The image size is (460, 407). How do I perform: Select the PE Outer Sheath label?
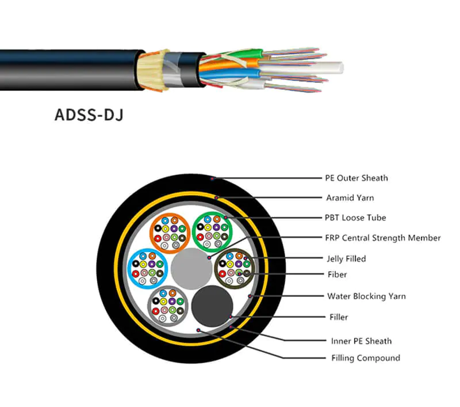coord(356,178)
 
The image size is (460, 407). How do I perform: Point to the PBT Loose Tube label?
coord(355,218)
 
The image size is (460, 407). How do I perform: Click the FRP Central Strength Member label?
coord(382,238)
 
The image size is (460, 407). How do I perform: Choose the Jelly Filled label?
coord(346,258)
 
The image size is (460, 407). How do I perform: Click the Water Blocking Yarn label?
coord(366,296)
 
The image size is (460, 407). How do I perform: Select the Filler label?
coord(337,317)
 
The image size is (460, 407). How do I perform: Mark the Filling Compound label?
coord(365,358)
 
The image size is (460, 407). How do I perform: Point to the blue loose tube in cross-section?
coord(147,268)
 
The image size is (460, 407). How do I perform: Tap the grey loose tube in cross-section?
coord(167,304)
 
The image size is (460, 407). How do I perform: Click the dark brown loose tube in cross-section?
coord(233,269)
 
